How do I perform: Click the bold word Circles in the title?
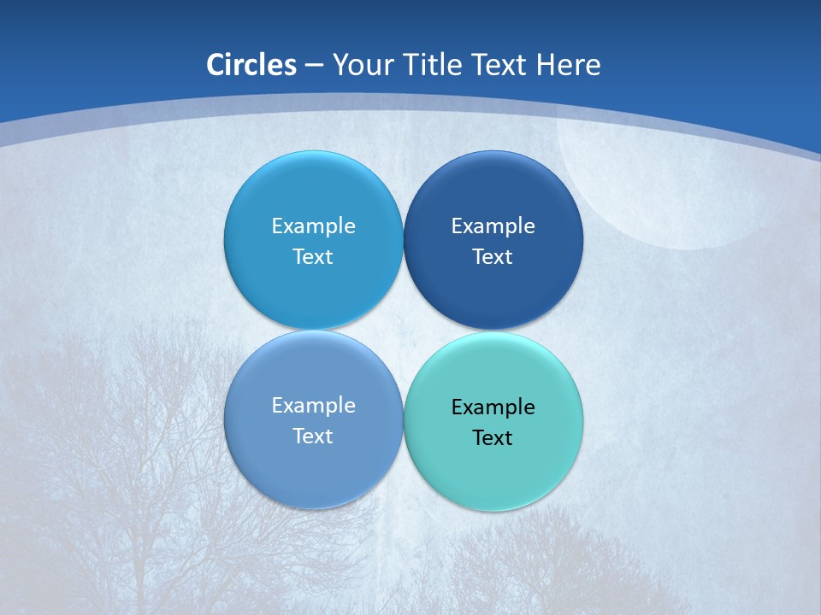[251, 65]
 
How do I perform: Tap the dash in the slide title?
[314, 66]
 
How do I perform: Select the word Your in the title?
[360, 65]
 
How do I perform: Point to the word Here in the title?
[569, 65]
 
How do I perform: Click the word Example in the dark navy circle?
[493, 226]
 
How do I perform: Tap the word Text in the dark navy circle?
[493, 257]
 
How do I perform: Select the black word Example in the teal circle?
[493, 407]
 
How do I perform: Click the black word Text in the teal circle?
[493, 438]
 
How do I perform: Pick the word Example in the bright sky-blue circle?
[313, 226]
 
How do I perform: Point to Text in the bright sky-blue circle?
[313, 257]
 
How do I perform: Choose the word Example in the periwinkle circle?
[313, 406]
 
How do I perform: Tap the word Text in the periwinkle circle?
[313, 436]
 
